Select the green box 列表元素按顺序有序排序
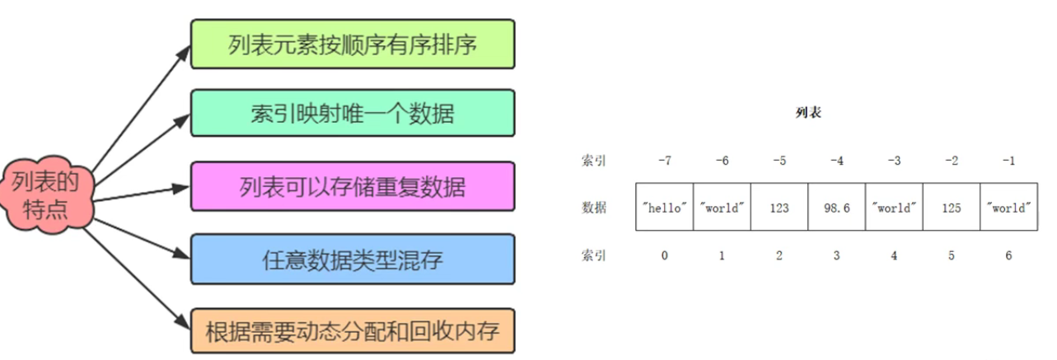point(353,44)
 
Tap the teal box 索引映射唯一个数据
point(353,114)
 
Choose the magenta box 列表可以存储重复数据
point(353,186)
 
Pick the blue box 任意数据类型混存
point(353,261)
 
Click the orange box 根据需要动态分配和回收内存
point(353,331)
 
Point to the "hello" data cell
point(664,208)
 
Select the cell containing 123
point(779,208)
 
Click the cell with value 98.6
point(835,208)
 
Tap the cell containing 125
point(951,208)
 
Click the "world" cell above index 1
point(722,208)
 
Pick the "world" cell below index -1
point(1008,208)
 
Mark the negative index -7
point(664,161)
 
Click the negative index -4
point(835,161)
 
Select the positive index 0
point(664,255)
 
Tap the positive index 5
point(951,255)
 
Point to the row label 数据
point(593,208)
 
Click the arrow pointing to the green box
point(140,103)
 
